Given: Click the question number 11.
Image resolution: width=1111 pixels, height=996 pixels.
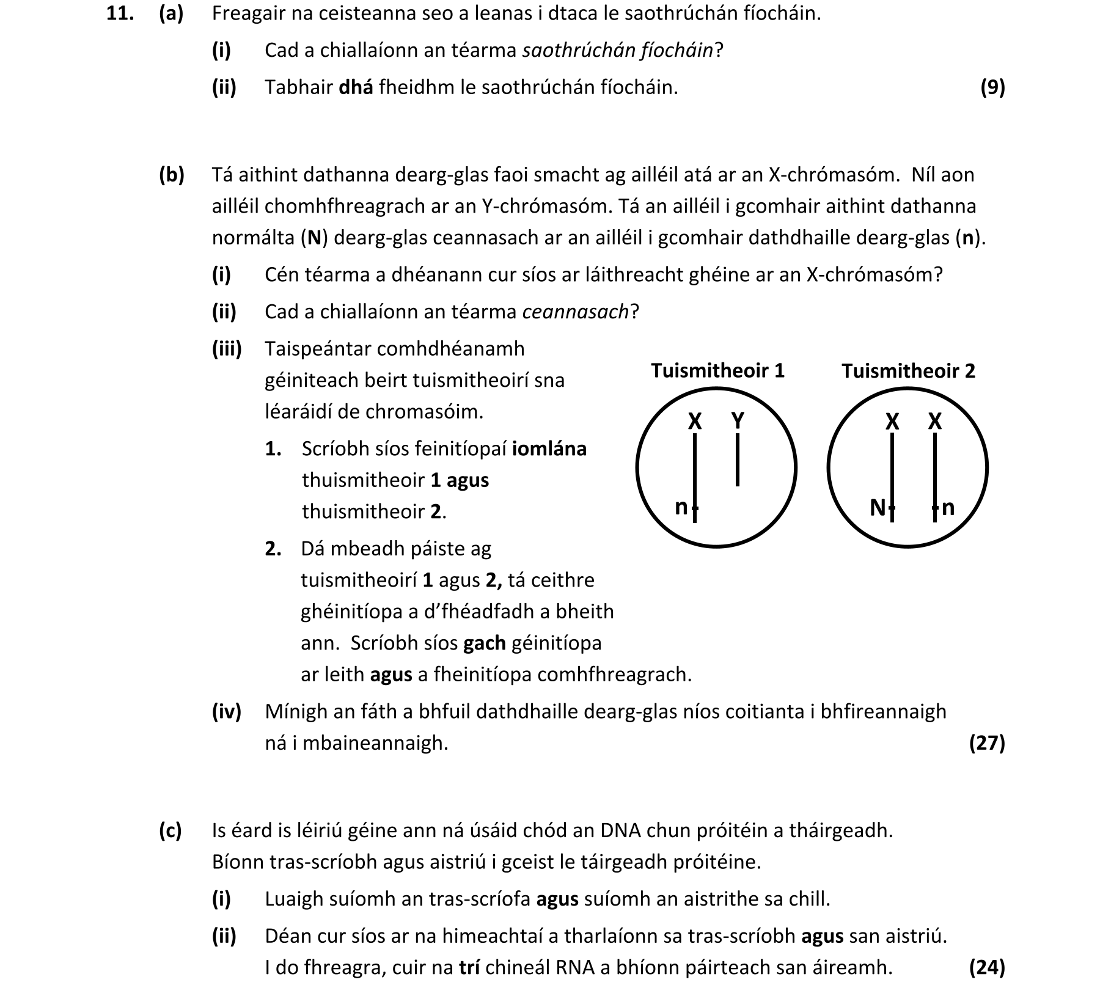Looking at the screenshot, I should coord(119,13).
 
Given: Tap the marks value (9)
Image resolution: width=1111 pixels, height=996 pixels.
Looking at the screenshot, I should coord(992,87).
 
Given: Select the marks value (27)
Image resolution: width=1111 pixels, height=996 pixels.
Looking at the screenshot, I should coord(987,742).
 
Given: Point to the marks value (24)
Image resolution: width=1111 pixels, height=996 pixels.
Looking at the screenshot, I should coord(987,967).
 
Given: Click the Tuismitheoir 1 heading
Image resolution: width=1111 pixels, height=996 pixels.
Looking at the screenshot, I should coord(717,370).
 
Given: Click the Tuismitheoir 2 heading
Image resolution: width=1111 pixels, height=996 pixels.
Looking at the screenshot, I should coord(908,370).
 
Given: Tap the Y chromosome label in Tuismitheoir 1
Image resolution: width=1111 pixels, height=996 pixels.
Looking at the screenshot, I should coord(738,420).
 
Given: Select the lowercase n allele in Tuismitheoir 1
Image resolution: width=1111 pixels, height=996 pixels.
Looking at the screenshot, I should coord(681,507).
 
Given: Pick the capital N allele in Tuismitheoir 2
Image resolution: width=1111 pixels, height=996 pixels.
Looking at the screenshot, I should coord(877,507).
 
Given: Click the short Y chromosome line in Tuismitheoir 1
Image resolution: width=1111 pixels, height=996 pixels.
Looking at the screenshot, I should coord(738,460).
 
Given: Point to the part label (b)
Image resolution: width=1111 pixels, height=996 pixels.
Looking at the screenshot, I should coord(171,175).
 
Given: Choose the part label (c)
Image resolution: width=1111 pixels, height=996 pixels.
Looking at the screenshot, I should coord(170,830).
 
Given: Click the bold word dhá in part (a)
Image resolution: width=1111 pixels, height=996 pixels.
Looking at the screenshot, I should coord(355,87).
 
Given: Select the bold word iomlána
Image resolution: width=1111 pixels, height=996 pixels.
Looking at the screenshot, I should coord(549,449).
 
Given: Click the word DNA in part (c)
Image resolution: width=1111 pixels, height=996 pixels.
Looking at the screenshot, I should coord(620,830).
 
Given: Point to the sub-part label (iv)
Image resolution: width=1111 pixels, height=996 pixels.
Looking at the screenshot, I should coord(226,711).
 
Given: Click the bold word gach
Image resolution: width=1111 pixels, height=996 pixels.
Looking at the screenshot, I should coord(485,643).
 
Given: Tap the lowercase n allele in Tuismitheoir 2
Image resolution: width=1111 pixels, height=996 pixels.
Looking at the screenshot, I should coord(948,507).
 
